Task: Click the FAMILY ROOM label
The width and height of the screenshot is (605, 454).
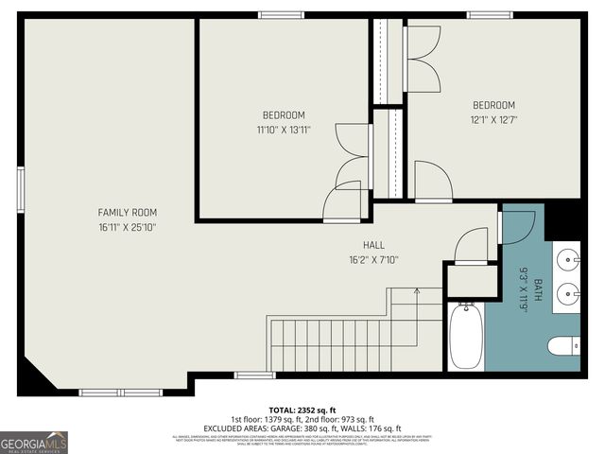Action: point(128,213)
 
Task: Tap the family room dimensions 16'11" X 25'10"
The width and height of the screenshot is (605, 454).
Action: point(128,227)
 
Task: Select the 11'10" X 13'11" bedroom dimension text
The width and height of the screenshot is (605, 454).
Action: point(284,130)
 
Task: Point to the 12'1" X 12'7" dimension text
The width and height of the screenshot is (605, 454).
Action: point(493,119)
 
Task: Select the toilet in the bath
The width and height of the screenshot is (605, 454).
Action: point(564,346)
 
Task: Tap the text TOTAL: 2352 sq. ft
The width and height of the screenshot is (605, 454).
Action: point(302,409)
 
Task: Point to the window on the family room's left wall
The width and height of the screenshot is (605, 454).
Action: point(20,183)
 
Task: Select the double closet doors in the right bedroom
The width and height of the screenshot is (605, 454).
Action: point(423,53)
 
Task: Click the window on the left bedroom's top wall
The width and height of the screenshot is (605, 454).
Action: point(275,15)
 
